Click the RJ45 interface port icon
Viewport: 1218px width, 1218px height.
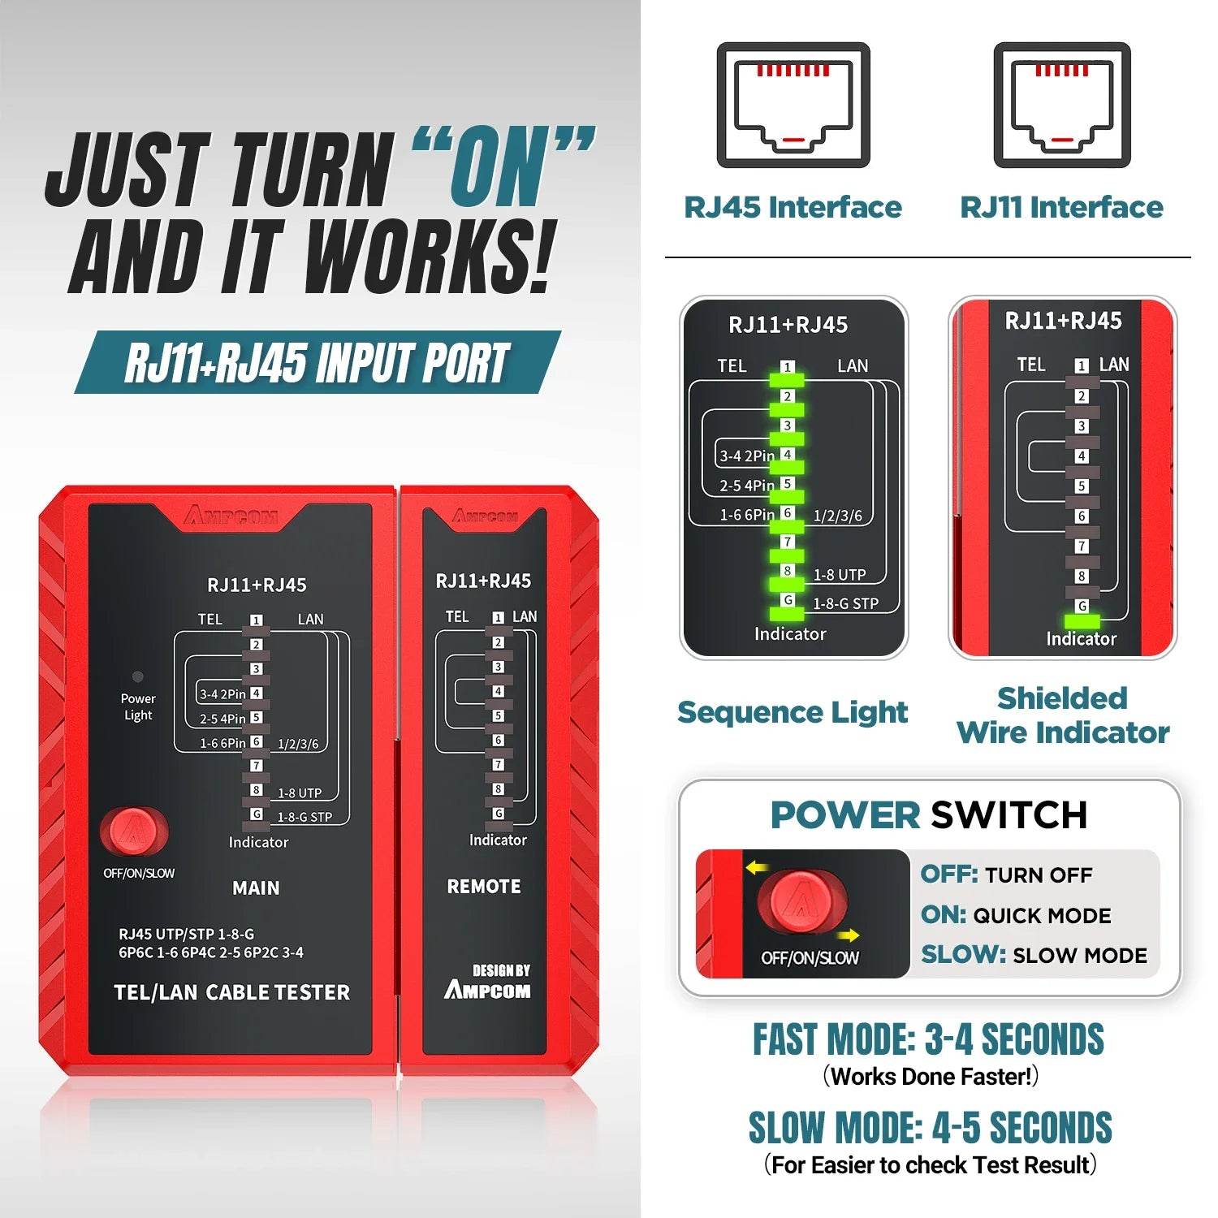tap(793, 106)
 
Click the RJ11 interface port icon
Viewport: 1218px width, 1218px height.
tap(1062, 106)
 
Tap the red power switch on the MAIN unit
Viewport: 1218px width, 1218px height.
tap(132, 831)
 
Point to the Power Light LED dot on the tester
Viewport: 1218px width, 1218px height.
tap(138, 676)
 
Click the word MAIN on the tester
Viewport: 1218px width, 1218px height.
tap(256, 888)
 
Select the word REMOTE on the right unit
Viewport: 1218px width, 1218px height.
tap(484, 887)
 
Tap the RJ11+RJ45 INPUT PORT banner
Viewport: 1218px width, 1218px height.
tap(317, 363)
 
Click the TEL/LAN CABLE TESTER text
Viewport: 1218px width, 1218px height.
tap(232, 992)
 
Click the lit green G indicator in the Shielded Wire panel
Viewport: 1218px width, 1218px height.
tap(1082, 621)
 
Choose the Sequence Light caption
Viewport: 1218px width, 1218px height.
tap(793, 712)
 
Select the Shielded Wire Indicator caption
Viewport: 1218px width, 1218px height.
tap(1062, 715)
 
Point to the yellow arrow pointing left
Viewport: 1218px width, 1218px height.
tap(757, 868)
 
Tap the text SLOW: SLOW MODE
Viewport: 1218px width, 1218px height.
tap(1034, 955)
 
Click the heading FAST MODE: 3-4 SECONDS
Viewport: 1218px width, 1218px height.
tap(928, 1040)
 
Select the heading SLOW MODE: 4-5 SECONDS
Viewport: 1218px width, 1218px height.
tap(930, 1128)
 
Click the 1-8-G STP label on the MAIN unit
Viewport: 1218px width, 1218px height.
tap(304, 817)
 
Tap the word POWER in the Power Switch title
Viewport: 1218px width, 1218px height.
tap(844, 815)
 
